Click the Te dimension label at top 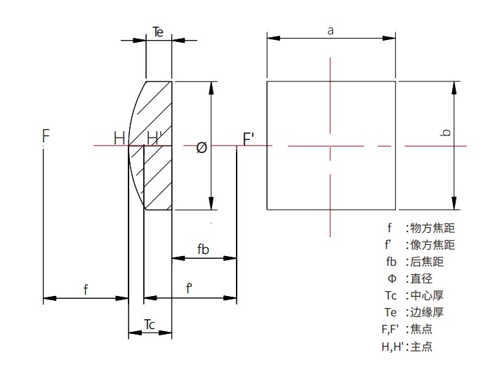coord(159,32)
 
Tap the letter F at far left coord(46,135)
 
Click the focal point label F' coord(249,138)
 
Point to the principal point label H coord(119,138)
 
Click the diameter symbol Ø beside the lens coord(202,147)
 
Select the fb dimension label coord(204,250)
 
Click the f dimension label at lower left coord(86,289)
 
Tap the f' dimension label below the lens coord(190,289)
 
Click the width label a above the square coord(331,29)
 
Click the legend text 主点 coord(424,346)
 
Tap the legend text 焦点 coord(424,329)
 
